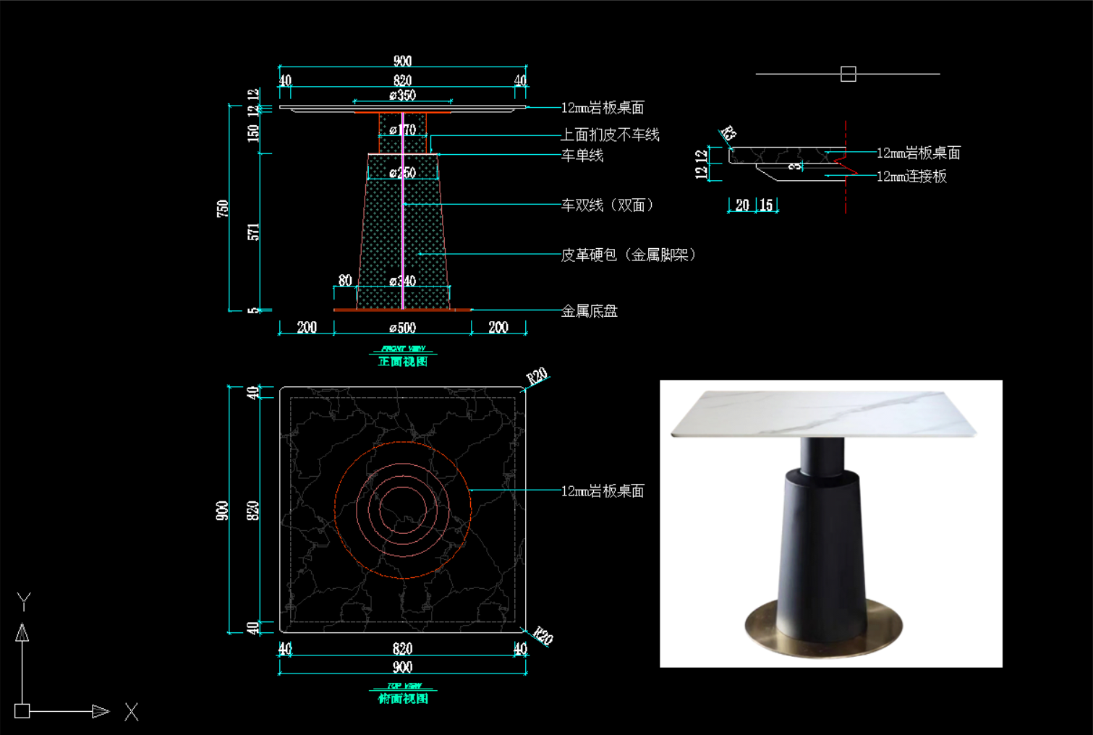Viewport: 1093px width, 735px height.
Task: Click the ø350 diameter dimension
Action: coord(402,95)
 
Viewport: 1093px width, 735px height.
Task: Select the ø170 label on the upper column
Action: coord(402,130)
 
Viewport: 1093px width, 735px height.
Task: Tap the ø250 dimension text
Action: coord(402,173)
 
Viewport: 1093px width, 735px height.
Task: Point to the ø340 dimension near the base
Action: coord(402,281)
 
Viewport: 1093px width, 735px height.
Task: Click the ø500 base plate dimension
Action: coord(402,328)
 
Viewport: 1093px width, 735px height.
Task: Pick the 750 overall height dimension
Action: coord(222,208)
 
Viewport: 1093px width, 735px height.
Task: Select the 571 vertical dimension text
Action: coord(253,232)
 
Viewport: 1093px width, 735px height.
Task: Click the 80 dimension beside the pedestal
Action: coord(345,281)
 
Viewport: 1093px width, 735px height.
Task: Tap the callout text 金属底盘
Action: coord(589,311)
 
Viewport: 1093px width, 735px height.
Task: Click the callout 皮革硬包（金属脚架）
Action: coord(628,255)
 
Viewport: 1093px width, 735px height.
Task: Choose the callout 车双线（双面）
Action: coord(608,205)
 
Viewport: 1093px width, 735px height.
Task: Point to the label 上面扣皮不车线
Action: coord(610,135)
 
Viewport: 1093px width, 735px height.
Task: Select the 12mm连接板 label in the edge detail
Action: coord(911,177)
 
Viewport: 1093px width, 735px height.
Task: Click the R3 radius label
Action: coord(728,134)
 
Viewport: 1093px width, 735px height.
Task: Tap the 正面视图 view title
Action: coord(403,361)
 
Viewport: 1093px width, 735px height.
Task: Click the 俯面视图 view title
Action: coord(403,698)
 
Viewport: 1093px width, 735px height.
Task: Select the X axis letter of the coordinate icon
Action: coord(131,712)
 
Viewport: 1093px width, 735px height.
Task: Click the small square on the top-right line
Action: coord(849,74)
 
